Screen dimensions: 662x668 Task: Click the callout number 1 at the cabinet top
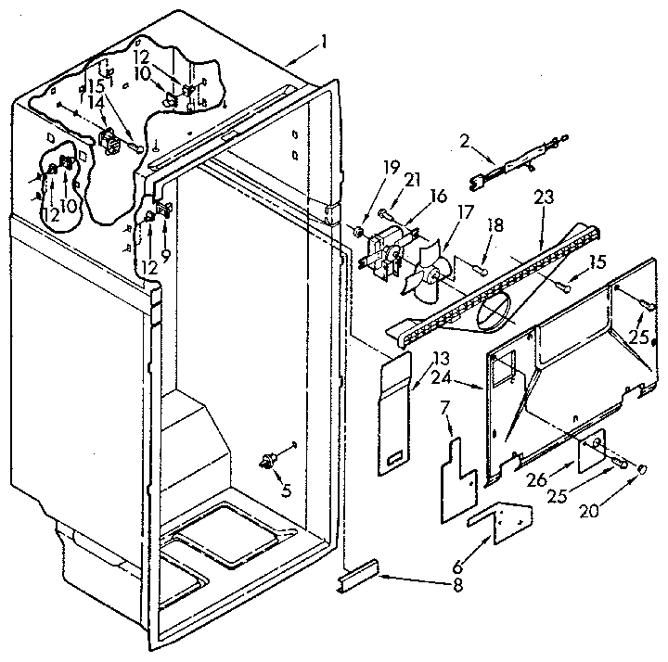(x=324, y=43)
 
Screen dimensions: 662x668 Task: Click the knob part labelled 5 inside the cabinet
(x=270, y=460)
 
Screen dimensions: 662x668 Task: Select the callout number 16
(x=438, y=197)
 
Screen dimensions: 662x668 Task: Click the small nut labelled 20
(x=640, y=472)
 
